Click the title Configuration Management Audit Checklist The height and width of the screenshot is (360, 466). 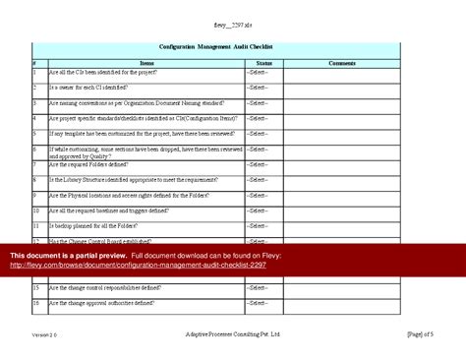pyautogui.click(x=215, y=47)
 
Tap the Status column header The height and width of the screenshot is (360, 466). pyautogui.click(x=263, y=62)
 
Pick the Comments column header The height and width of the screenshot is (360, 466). pyautogui.click(x=342, y=62)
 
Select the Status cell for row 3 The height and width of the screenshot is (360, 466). pyautogui.click(x=263, y=102)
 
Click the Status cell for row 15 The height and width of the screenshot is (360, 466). pyautogui.click(x=263, y=288)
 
